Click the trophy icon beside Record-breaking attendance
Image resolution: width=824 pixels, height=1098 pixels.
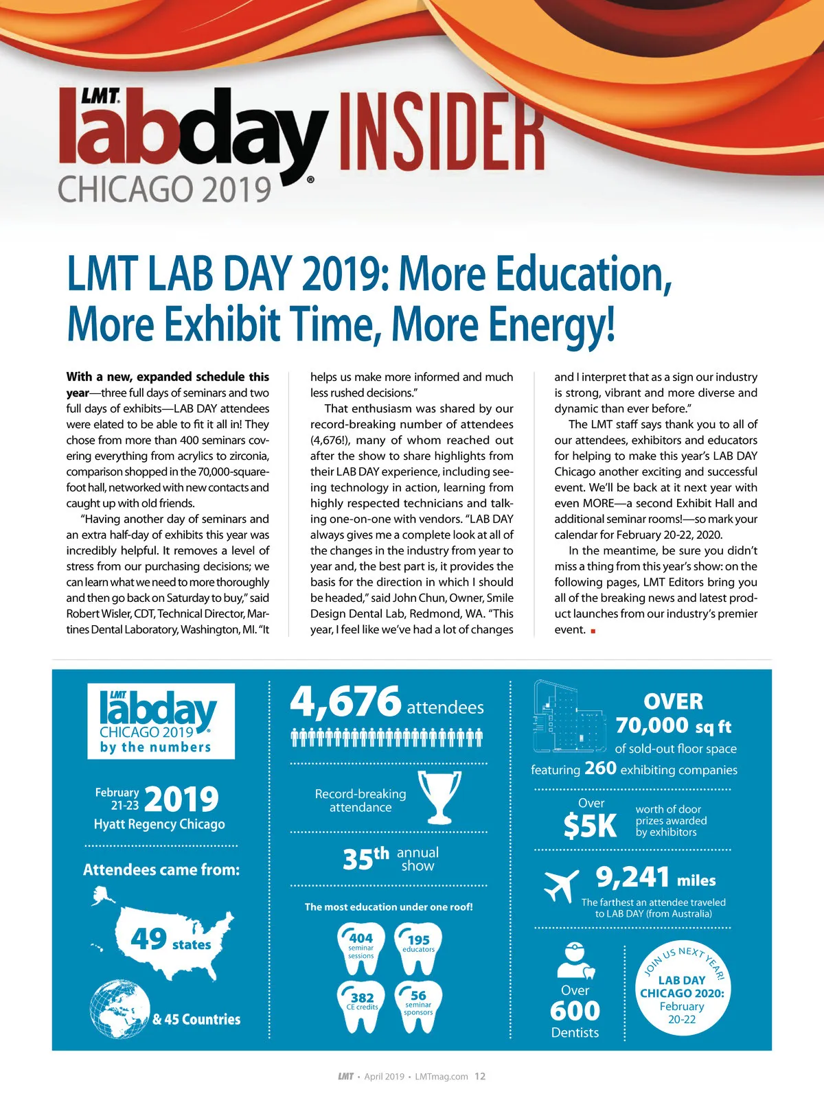click(439, 797)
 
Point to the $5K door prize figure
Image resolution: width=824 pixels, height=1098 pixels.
click(590, 826)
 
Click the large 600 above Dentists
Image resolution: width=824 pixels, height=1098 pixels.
click(575, 1011)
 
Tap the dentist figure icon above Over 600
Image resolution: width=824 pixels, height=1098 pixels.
click(575, 961)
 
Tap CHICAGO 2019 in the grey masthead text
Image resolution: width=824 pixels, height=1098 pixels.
click(165, 189)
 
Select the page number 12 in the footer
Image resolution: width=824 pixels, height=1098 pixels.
click(480, 1076)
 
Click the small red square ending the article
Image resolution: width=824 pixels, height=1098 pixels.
click(593, 631)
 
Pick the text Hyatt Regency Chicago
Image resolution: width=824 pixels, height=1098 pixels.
click(159, 824)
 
